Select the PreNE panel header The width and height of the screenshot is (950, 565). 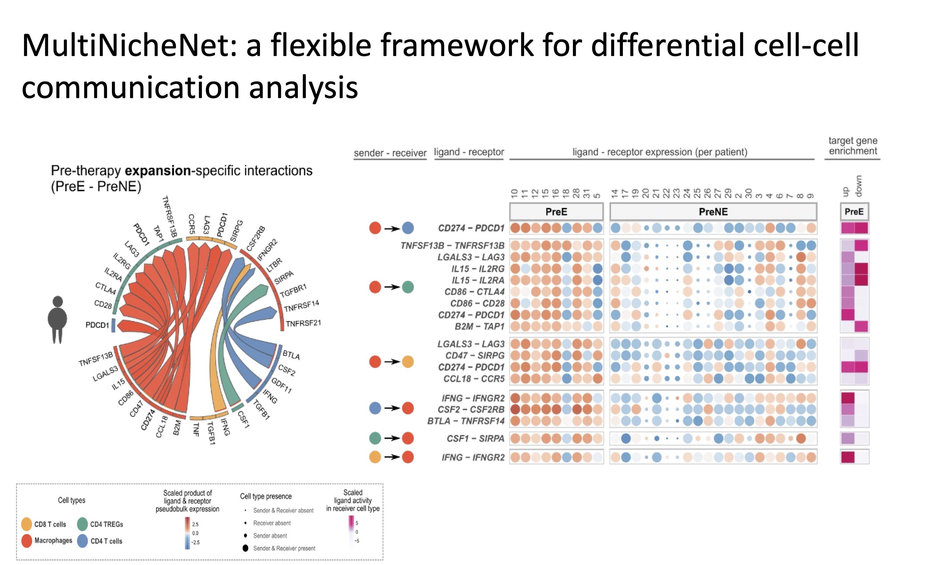713,212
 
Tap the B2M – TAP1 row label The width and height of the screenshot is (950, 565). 479,327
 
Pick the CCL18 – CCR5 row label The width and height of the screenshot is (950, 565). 473,379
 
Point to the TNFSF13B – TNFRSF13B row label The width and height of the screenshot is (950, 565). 452,245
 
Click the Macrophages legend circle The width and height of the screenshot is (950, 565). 27,541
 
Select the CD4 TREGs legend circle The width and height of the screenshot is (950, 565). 83,524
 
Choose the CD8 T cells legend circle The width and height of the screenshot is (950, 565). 27,524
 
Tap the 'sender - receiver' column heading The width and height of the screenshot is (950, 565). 390,153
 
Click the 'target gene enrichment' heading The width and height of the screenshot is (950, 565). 852,146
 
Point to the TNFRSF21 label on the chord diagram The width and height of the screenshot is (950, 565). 303,323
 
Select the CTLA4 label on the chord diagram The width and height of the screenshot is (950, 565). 105,288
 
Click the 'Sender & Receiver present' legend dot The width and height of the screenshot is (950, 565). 245,548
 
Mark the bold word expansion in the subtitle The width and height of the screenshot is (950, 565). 157,171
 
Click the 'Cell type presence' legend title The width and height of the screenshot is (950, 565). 266,497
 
